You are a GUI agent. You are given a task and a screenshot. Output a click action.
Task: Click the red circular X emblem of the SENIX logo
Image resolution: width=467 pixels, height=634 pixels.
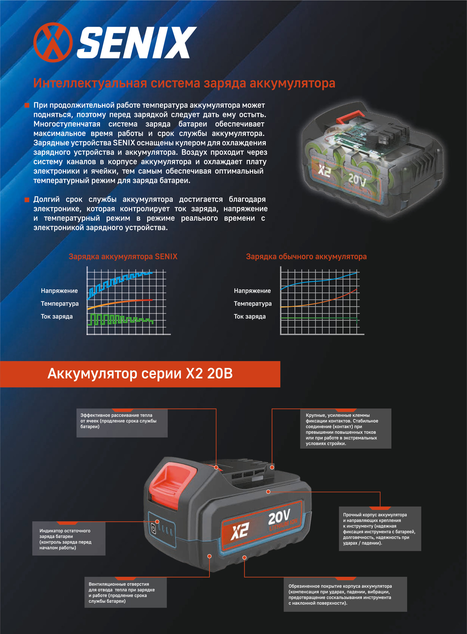tap(53, 42)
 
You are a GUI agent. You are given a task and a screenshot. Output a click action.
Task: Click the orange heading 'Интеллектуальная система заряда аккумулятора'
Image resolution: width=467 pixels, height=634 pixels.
tap(184, 83)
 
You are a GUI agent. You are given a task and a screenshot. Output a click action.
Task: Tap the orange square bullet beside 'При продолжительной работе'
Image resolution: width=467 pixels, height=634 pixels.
tap(27, 105)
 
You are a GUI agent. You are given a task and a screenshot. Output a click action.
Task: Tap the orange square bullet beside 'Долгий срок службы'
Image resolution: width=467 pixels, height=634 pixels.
tap(27, 200)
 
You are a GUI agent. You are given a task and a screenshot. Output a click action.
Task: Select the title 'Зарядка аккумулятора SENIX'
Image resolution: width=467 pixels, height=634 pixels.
tap(123, 257)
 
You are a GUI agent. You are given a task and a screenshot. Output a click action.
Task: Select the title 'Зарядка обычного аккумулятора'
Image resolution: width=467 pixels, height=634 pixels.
tap(306, 257)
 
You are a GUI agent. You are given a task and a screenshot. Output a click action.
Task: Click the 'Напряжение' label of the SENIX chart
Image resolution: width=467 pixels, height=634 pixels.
tap(59, 291)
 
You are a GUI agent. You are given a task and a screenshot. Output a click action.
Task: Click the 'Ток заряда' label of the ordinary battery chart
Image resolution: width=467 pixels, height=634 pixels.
tap(250, 317)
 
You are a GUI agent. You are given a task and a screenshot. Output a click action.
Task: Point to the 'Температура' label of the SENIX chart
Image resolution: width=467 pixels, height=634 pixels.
tap(60, 304)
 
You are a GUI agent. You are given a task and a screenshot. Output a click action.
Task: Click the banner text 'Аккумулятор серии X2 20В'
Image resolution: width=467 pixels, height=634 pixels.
tap(140, 374)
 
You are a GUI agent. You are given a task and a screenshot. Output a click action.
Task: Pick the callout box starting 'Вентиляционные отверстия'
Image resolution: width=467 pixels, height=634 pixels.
tap(126, 592)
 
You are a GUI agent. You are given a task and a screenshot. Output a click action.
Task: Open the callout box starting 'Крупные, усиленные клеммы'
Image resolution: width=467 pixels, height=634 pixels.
tap(345, 429)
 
